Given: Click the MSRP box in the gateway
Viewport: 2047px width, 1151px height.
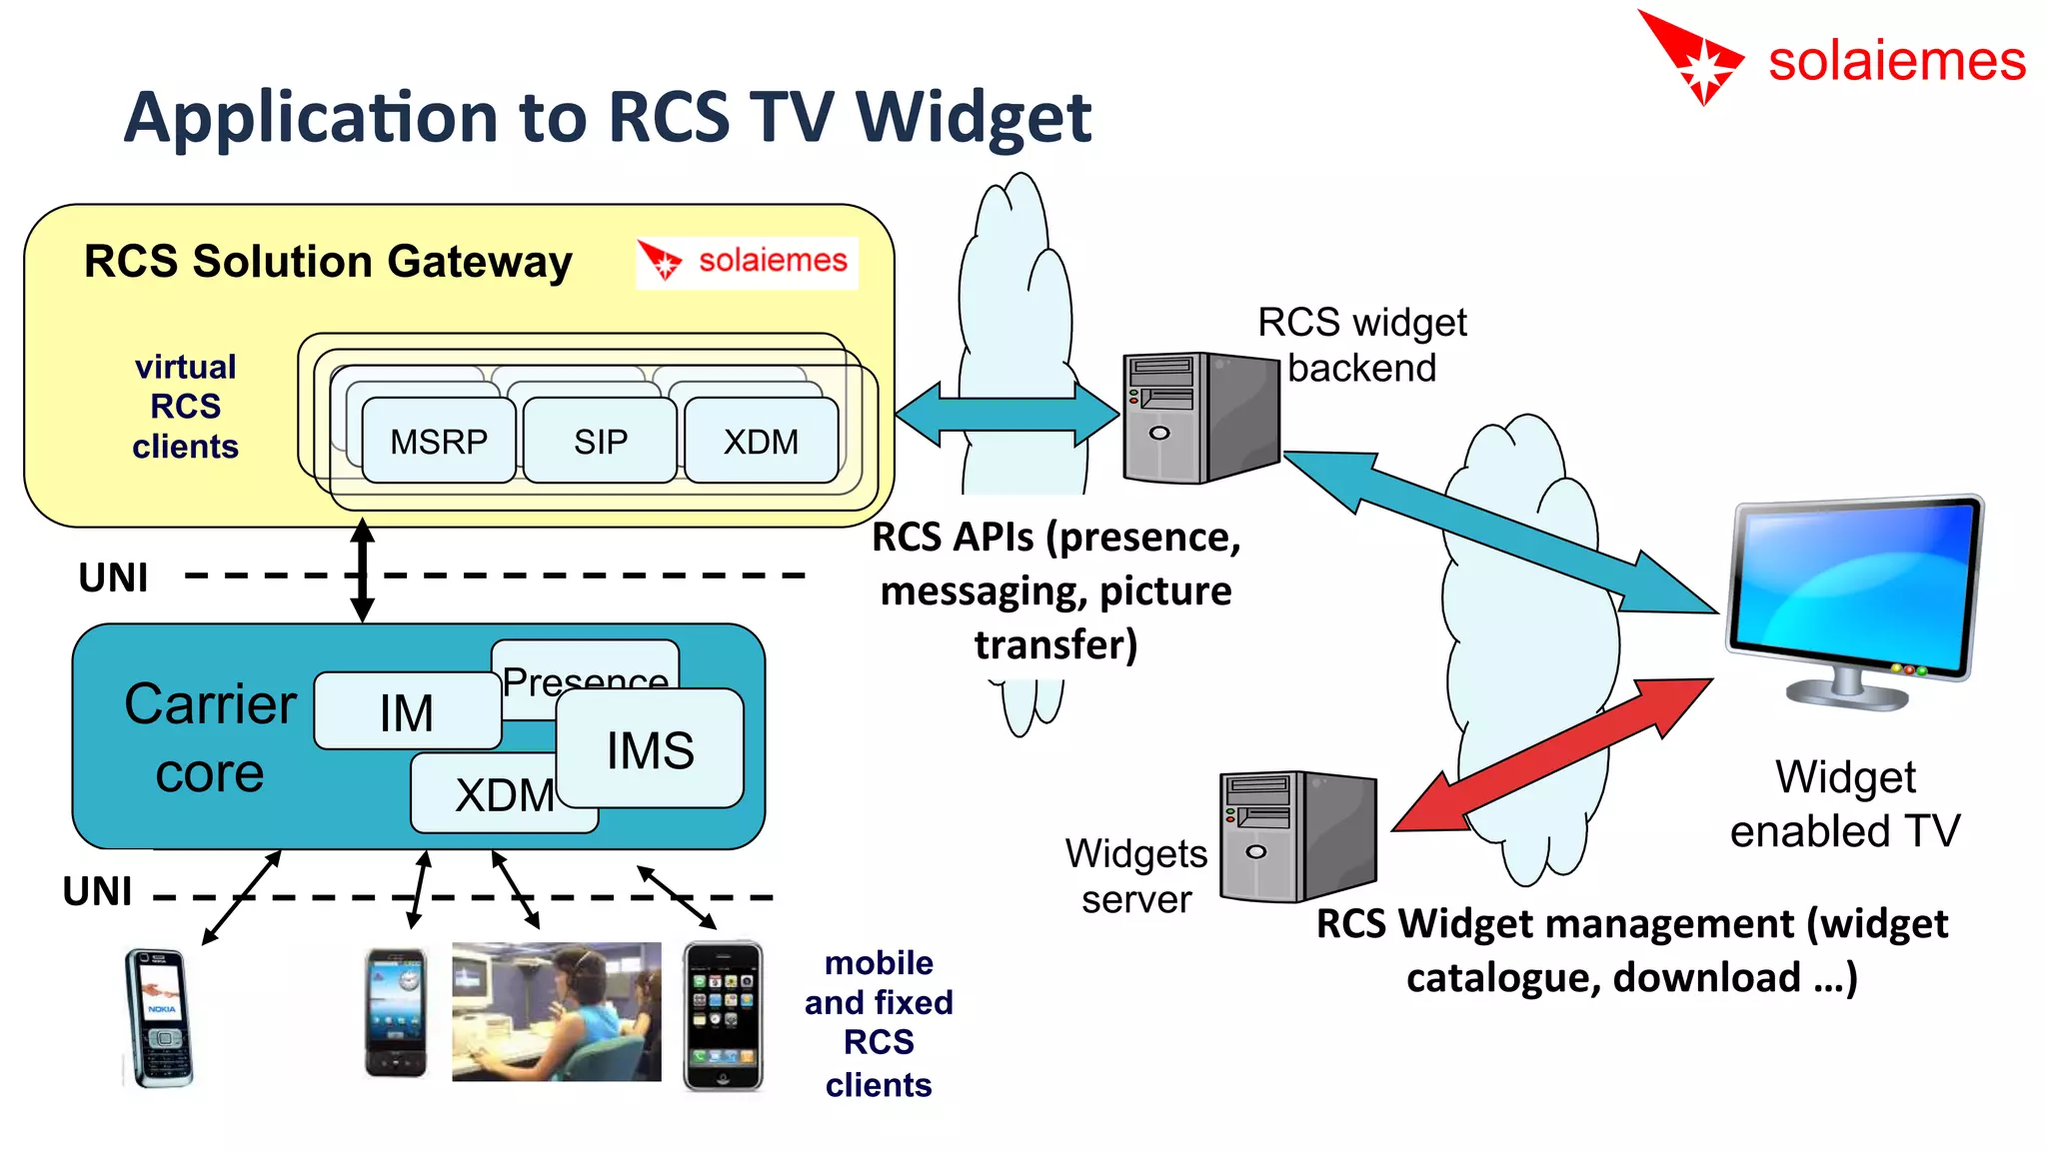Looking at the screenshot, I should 439,441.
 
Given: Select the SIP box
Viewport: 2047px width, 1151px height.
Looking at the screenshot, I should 600,441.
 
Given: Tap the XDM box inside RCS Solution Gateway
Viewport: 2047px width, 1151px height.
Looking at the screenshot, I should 761,441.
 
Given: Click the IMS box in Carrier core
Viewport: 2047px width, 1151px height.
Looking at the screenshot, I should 651,749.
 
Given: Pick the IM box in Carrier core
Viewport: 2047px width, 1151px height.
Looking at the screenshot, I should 407,712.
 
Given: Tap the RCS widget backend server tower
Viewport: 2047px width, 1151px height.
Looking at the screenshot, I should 1199,417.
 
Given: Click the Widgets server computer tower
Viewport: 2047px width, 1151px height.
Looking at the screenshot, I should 1297,836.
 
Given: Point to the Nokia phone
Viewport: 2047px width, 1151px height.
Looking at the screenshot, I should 159,1017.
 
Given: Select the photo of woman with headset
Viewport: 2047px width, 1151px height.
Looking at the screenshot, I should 556,1011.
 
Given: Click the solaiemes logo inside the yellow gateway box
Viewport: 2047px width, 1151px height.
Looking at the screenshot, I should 747,262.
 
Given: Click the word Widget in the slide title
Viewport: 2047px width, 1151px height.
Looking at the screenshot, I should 974,118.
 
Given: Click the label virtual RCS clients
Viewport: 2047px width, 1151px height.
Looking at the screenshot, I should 186,407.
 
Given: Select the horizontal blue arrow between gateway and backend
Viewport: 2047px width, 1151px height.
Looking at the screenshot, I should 1007,415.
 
